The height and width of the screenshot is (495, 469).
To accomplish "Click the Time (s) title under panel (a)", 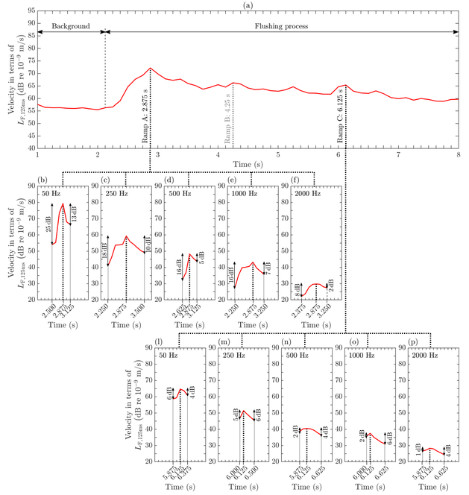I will coord(247,164).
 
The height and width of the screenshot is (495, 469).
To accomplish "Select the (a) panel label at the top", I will coord(247,4).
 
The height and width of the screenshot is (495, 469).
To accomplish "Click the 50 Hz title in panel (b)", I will coord(51,194).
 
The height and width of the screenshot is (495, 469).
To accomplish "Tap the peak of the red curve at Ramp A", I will coord(151,68).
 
